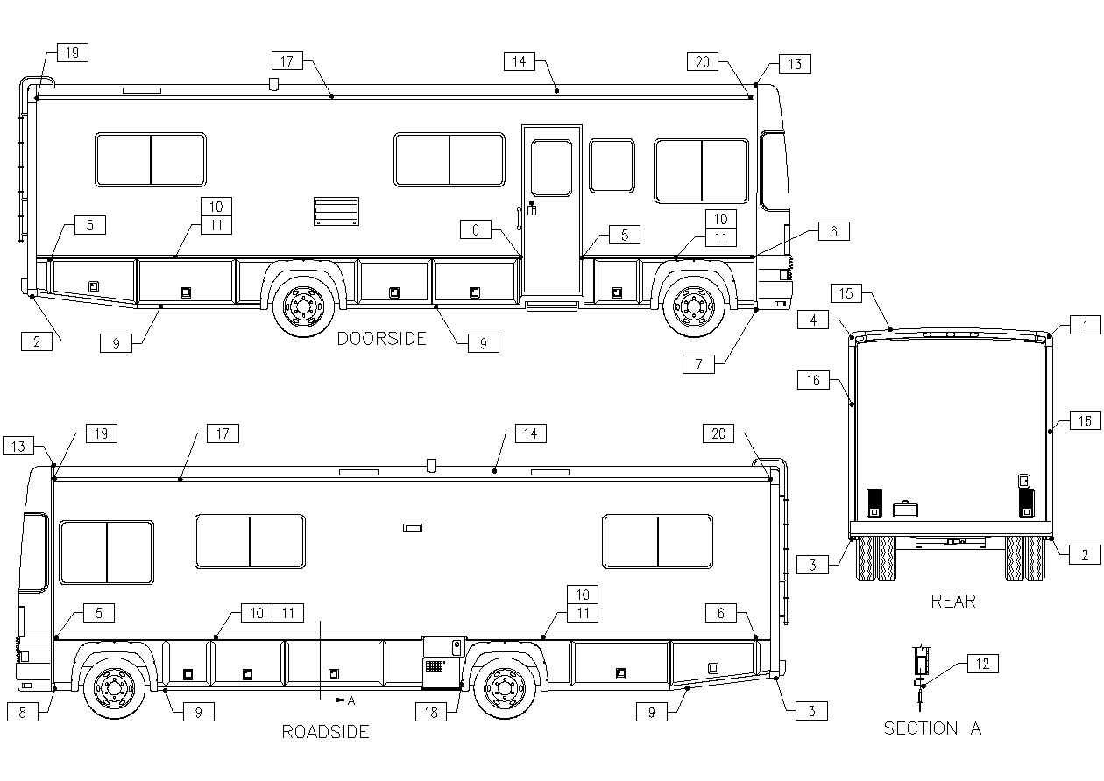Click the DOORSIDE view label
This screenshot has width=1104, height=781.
[x=381, y=339]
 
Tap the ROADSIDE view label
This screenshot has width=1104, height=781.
[x=325, y=732]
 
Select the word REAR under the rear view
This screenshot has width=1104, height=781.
[x=952, y=602]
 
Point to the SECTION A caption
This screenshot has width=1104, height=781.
[x=932, y=728]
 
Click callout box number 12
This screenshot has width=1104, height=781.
[x=982, y=664]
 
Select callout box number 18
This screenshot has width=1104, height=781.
[x=431, y=712]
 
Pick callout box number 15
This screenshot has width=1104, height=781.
[x=846, y=293]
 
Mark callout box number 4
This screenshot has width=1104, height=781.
[x=813, y=321]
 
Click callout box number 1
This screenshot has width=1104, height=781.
[x=1085, y=326]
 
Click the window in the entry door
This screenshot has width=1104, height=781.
[x=551, y=167]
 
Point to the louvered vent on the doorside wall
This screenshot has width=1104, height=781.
[x=336, y=211]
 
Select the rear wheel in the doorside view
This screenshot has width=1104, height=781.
[x=302, y=306]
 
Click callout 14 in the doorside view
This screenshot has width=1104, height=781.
[x=520, y=60]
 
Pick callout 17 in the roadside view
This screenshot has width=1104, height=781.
[x=223, y=433]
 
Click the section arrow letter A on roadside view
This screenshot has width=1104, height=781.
[x=351, y=700]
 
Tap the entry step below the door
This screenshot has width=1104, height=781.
[x=550, y=303]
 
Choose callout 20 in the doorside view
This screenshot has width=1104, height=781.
[x=704, y=61]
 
